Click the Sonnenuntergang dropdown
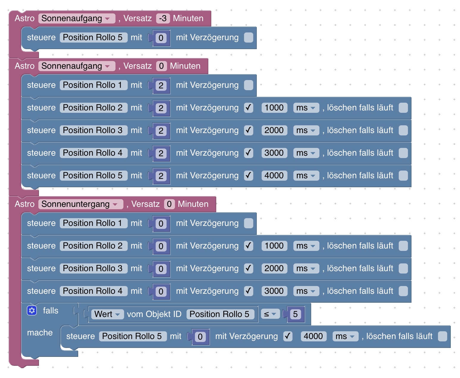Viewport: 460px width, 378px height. (x=80, y=204)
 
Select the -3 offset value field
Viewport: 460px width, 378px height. (x=163, y=18)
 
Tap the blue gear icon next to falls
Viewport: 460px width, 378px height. (x=32, y=311)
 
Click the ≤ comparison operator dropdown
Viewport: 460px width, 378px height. (x=270, y=314)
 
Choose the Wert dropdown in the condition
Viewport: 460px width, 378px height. (x=107, y=314)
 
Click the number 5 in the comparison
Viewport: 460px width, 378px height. (x=295, y=314)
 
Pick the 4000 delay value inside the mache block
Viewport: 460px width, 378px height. (x=313, y=336)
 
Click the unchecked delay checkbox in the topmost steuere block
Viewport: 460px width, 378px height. (x=249, y=38)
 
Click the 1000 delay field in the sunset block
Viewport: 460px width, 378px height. (x=274, y=246)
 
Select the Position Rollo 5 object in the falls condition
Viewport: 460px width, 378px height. (x=220, y=314)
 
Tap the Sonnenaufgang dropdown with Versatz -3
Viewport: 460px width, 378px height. (x=76, y=18)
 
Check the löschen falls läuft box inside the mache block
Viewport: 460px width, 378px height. (x=442, y=336)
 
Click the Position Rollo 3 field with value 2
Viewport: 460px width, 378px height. (x=93, y=130)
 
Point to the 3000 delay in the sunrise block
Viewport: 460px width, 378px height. (x=274, y=153)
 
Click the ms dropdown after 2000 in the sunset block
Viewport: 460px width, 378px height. (x=306, y=268)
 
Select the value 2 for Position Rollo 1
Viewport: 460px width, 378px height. (x=161, y=85)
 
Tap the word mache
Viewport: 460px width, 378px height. (x=40, y=333)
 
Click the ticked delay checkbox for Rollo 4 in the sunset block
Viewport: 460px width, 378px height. (x=249, y=291)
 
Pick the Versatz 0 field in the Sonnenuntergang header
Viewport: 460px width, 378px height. (x=169, y=204)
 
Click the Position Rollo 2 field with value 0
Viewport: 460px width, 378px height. (x=93, y=246)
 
